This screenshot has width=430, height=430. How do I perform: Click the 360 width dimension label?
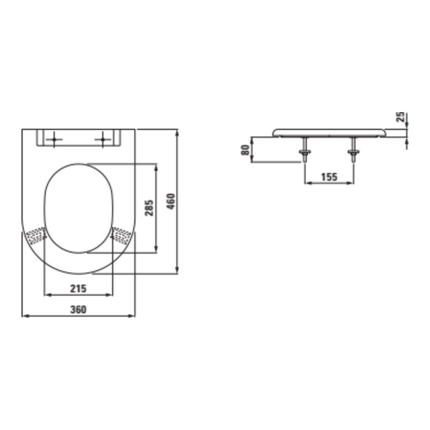[x=78, y=309]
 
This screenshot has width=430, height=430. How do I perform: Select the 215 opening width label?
[x=78, y=289]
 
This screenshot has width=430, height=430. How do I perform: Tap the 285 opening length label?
[x=149, y=208]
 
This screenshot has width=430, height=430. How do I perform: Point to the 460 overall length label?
[x=171, y=202]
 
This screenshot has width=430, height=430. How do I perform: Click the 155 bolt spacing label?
[x=329, y=177]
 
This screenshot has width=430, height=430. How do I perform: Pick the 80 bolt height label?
[x=245, y=150]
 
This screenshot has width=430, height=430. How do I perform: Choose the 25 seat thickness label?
[x=401, y=117]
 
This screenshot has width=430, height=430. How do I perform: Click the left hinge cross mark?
[x=54, y=140]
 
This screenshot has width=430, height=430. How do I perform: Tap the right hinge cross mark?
[x=103, y=140]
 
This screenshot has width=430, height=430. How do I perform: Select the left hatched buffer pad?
[x=36, y=236]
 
